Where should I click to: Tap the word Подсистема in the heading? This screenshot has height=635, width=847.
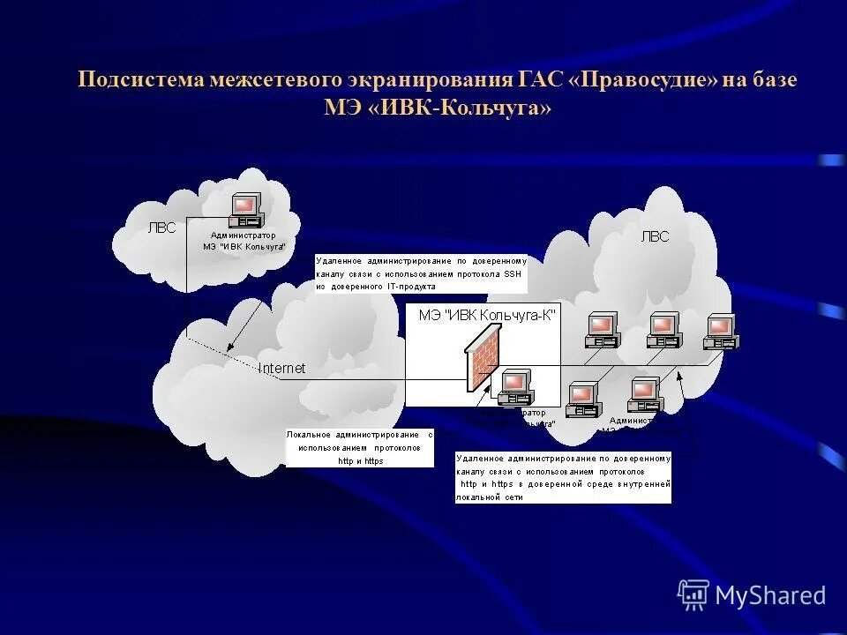(x=141, y=80)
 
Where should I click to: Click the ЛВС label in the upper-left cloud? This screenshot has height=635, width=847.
(x=161, y=228)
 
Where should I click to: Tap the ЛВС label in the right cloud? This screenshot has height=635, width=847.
(x=655, y=235)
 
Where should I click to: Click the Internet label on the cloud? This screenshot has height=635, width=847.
(x=281, y=369)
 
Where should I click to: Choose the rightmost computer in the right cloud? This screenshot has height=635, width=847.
(x=720, y=330)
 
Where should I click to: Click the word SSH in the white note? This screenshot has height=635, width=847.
(x=513, y=274)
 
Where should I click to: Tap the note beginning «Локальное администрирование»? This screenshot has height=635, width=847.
(x=359, y=448)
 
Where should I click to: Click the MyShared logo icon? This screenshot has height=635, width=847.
(x=693, y=594)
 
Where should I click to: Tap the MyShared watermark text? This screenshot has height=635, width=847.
(x=770, y=595)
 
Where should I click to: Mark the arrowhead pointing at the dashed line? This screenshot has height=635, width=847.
(x=680, y=375)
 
